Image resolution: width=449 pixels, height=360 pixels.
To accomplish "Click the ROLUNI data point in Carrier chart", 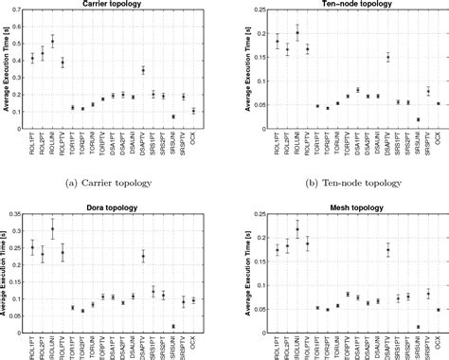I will pyautogui.click(x=52, y=42).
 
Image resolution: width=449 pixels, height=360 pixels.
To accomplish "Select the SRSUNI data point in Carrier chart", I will pyautogui.click(x=173, y=117).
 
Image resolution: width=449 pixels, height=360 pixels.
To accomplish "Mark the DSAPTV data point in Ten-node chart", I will pyautogui.click(x=387, y=58).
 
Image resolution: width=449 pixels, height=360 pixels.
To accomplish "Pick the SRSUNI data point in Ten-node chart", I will pyautogui.click(x=419, y=119).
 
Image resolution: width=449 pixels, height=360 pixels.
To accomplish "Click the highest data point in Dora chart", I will pyautogui.click(x=52, y=230).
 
